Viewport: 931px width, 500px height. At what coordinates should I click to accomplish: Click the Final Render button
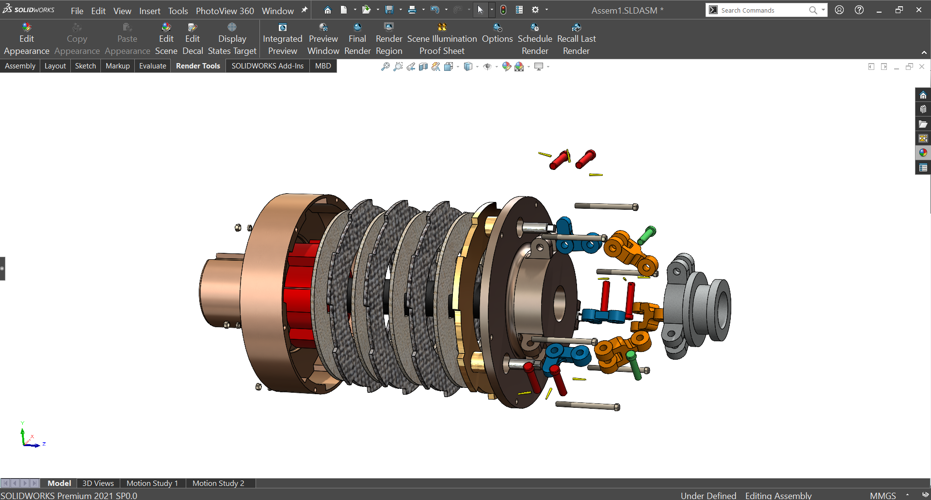pyautogui.click(x=357, y=39)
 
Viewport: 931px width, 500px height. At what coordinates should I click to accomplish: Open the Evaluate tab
pyautogui.click(x=152, y=66)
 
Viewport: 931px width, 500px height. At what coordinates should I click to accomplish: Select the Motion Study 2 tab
pyautogui.click(x=218, y=483)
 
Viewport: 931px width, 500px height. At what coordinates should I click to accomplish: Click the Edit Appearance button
pyautogui.click(x=27, y=39)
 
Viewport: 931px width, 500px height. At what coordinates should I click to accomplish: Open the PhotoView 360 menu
pyautogui.click(x=225, y=11)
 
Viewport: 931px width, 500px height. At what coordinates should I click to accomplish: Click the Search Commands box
pyautogui.click(x=761, y=10)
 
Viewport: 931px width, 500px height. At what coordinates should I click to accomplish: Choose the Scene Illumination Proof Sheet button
pyautogui.click(x=442, y=39)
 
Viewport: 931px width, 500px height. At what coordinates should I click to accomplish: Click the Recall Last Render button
pyautogui.click(x=576, y=39)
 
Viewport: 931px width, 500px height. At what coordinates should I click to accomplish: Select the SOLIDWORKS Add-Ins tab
pyautogui.click(x=267, y=66)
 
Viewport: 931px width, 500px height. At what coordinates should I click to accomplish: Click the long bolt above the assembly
pyautogui.click(x=606, y=206)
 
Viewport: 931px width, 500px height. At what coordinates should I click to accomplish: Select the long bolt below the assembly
pyautogui.click(x=587, y=405)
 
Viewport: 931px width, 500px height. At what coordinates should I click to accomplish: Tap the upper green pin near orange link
pyautogui.click(x=646, y=235)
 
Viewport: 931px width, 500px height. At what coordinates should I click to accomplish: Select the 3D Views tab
pyautogui.click(x=98, y=483)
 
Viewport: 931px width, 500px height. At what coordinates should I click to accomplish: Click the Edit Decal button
pyautogui.click(x=193, y=39)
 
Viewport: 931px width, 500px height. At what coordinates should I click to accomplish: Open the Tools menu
pyautogui.click(x=178, y=11)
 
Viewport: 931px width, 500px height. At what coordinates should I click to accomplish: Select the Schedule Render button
pyautogui.click(x=535, y=39)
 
